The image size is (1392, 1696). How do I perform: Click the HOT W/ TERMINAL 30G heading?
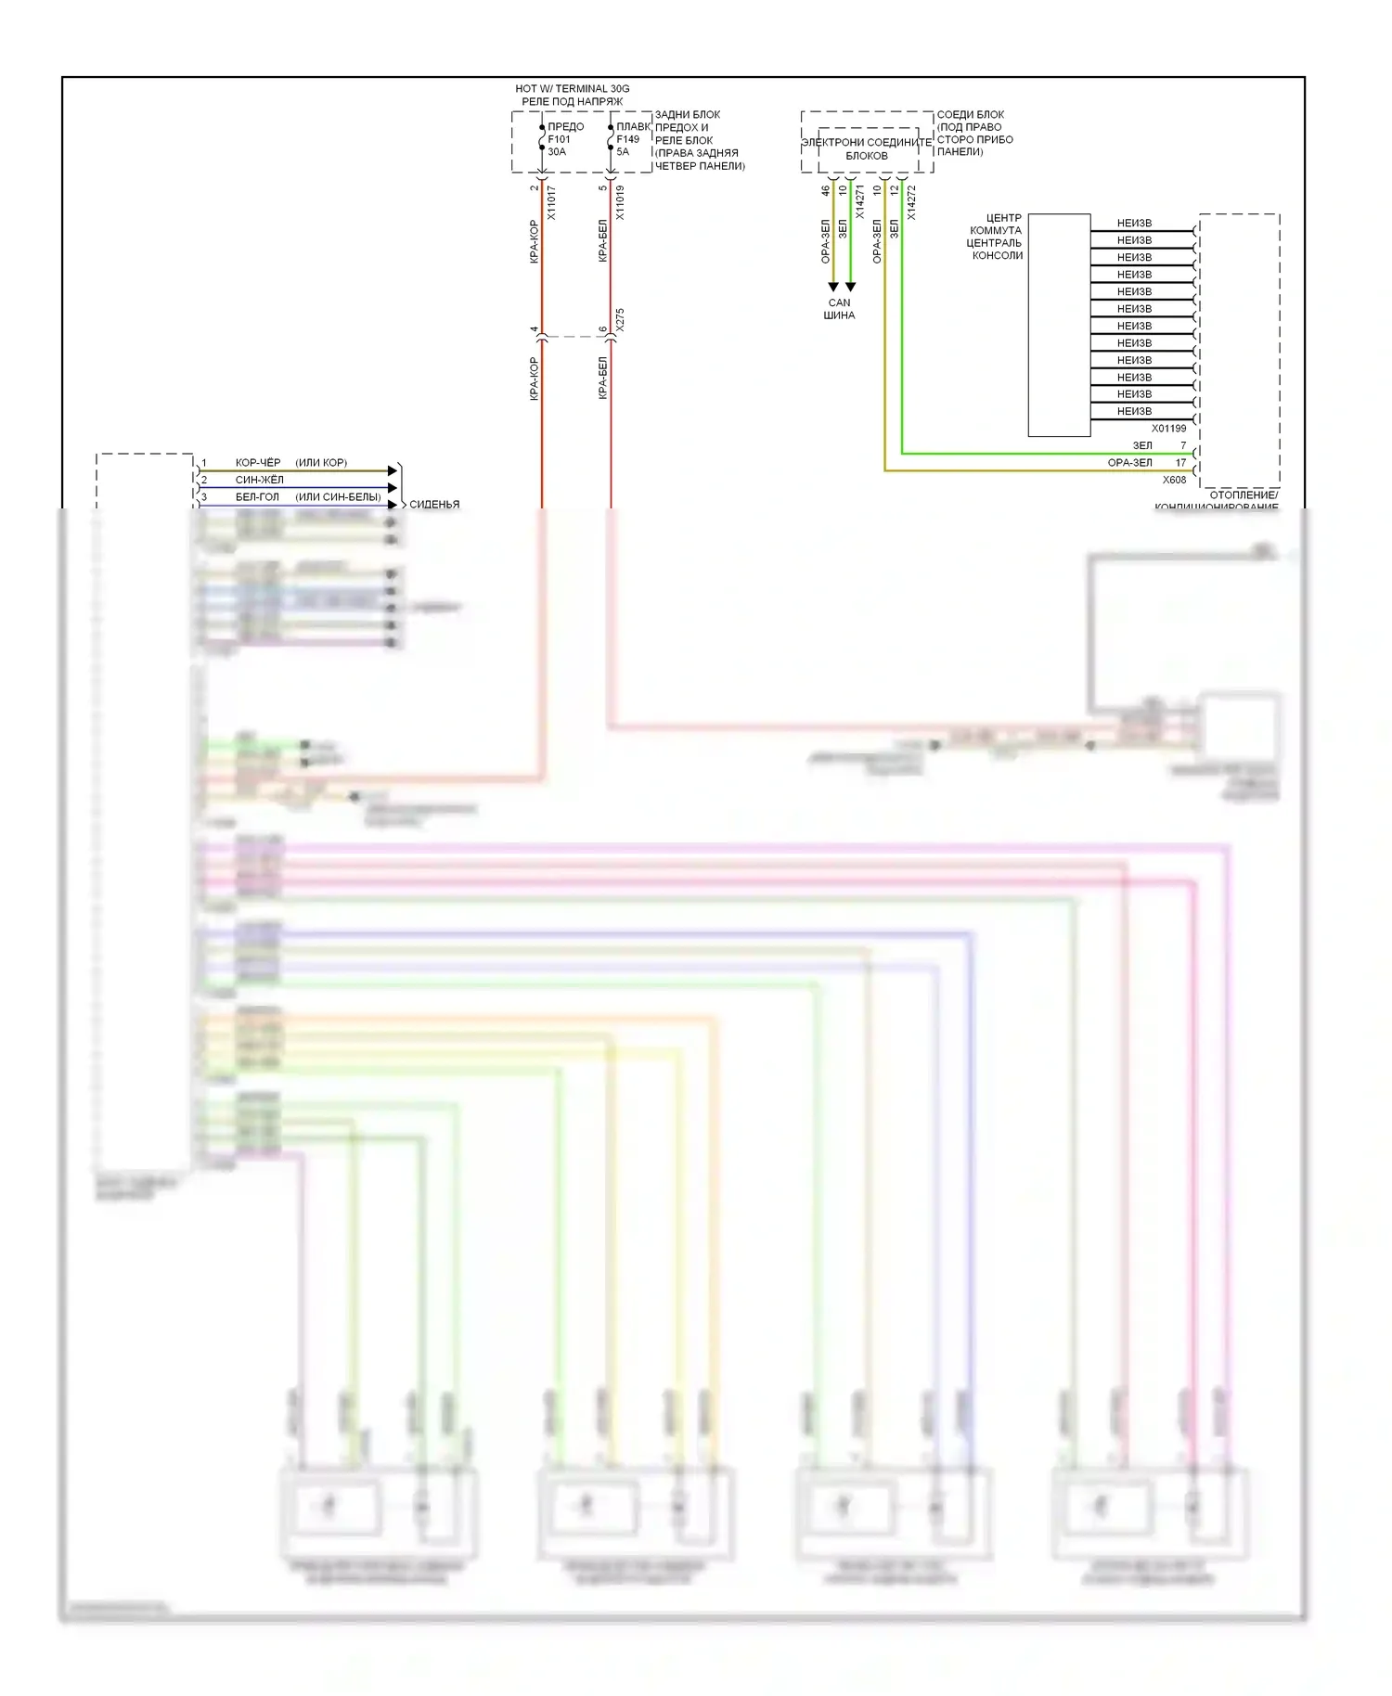[572, 89]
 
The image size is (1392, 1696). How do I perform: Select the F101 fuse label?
[559, 139]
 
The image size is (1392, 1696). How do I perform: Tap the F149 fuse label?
[628, 139]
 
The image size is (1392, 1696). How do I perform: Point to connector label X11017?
[551, 202]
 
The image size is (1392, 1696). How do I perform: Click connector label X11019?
[620, 202]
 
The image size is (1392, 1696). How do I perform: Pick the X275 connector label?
[620, 320]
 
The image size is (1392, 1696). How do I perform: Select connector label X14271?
[860, 202]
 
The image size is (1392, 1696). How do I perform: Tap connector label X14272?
[911, 202]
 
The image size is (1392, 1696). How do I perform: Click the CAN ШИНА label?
[839, 309]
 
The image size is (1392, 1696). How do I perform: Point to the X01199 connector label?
[1168, 429]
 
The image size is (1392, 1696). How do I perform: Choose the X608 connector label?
[1174, 480]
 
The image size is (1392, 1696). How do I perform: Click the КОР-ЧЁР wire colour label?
[258, 462]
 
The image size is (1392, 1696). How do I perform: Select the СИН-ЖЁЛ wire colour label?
[259, 480]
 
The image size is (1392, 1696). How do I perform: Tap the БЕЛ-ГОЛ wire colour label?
[257, 497]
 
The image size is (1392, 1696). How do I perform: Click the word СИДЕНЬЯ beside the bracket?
[434, 504]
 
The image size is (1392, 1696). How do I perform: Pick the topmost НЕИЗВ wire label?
[1134, 224]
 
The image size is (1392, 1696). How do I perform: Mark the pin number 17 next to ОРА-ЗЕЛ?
[1180, 462]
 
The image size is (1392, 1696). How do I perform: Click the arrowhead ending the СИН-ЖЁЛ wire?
[393, 488]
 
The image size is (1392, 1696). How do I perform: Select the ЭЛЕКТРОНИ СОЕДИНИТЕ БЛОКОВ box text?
[866, 148]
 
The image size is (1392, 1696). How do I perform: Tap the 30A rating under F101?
[557, 152]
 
